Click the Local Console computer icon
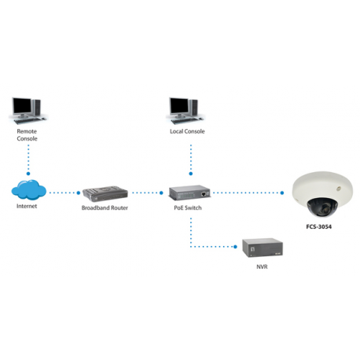point(187,109)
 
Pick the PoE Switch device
point(189,193)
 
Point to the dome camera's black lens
point(320,208)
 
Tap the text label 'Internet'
point(28,208)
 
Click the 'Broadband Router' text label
point(105,208)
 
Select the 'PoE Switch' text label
point(189,208)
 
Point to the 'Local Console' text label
point(187,131)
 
